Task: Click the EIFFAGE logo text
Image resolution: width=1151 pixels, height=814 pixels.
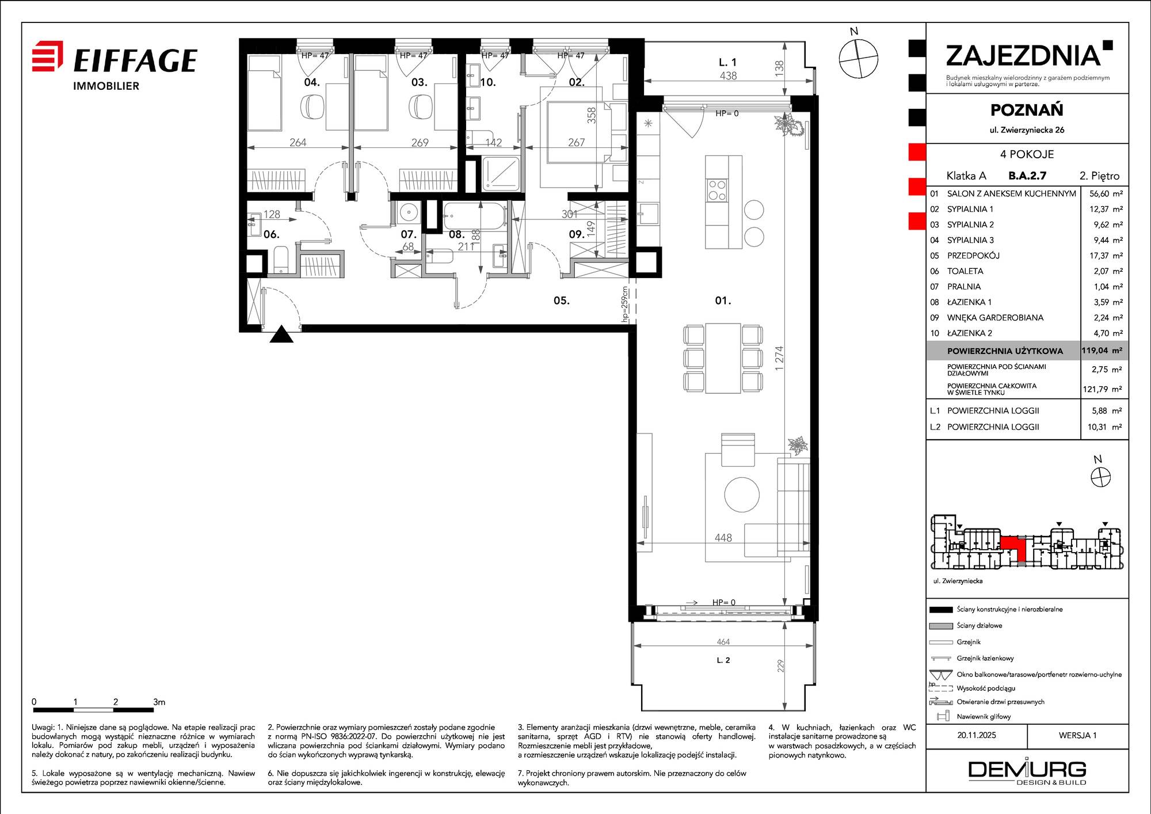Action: [x=136, y=60]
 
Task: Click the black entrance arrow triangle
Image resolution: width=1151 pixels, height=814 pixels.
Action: [x=281, y=334]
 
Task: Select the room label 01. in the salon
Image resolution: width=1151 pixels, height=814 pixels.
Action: [x=723, y=301]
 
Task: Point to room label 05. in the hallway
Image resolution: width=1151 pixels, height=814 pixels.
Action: [x=561, y=301]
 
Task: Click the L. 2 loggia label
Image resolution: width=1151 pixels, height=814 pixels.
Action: [x=723, y=660]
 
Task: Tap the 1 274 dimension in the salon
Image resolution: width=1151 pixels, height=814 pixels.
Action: [x=779, y=358]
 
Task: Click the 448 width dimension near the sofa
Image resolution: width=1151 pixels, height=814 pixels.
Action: [x=723, y=538]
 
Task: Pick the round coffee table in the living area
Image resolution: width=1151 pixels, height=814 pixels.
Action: [x=742, y=494]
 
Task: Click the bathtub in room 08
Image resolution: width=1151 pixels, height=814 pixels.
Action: [x=475, y=216]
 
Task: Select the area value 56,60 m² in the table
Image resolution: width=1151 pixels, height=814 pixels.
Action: [x=1106, y=194]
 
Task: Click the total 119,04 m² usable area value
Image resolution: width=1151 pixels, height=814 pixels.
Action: [x=1102, y=350]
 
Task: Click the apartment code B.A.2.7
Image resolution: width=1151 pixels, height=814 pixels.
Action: [x=1027, y=176]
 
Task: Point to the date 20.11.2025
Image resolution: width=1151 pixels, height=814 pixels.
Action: [x=977, y=735]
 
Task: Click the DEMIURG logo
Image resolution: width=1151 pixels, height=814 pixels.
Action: [x=1027, y=772]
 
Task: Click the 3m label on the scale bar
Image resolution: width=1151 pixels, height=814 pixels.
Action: [x=159, y=702]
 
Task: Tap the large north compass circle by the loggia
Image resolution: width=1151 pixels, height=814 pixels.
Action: [x=859, y=58]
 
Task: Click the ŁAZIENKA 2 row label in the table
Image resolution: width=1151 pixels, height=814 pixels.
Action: [x=970, y=333]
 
